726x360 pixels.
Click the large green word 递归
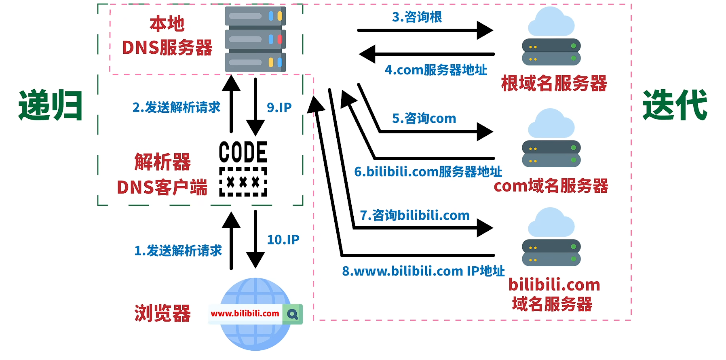(51, 105)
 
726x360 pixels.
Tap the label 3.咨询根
(417, 17)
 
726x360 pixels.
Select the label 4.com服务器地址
(436, 70)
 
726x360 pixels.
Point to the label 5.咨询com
(424, 118)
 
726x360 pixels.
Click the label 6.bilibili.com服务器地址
(428, 172)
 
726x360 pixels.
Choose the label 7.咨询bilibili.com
(415, 215)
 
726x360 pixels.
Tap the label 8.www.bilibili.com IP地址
(423, 271)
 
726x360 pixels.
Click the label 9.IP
(279, 107)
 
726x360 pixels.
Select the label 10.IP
(283, 240)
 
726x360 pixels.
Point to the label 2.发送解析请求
(176, 107)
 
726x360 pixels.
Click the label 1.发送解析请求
(178, 251)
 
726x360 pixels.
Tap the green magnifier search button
(293, 314)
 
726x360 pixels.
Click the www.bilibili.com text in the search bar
(245, 314)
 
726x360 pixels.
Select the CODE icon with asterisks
(243, 168)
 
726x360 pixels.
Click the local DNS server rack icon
(255, 39)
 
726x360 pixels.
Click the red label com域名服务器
(551, 186)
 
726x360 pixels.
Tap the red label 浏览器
(162, 314)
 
